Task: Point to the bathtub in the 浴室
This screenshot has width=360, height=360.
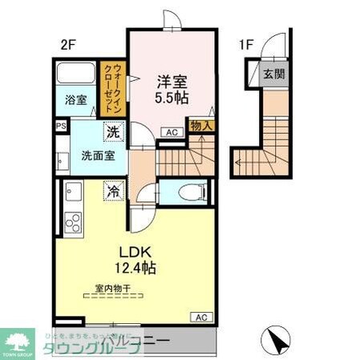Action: click(x=77, y=78)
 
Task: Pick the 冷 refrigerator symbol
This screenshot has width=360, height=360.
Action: click(x=112, y=192)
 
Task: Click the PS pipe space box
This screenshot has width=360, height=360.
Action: click(x=60, y=126)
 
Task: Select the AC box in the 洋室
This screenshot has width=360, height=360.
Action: click(x=170, y=132)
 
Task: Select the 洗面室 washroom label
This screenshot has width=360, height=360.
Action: click(x=95, y=155)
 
